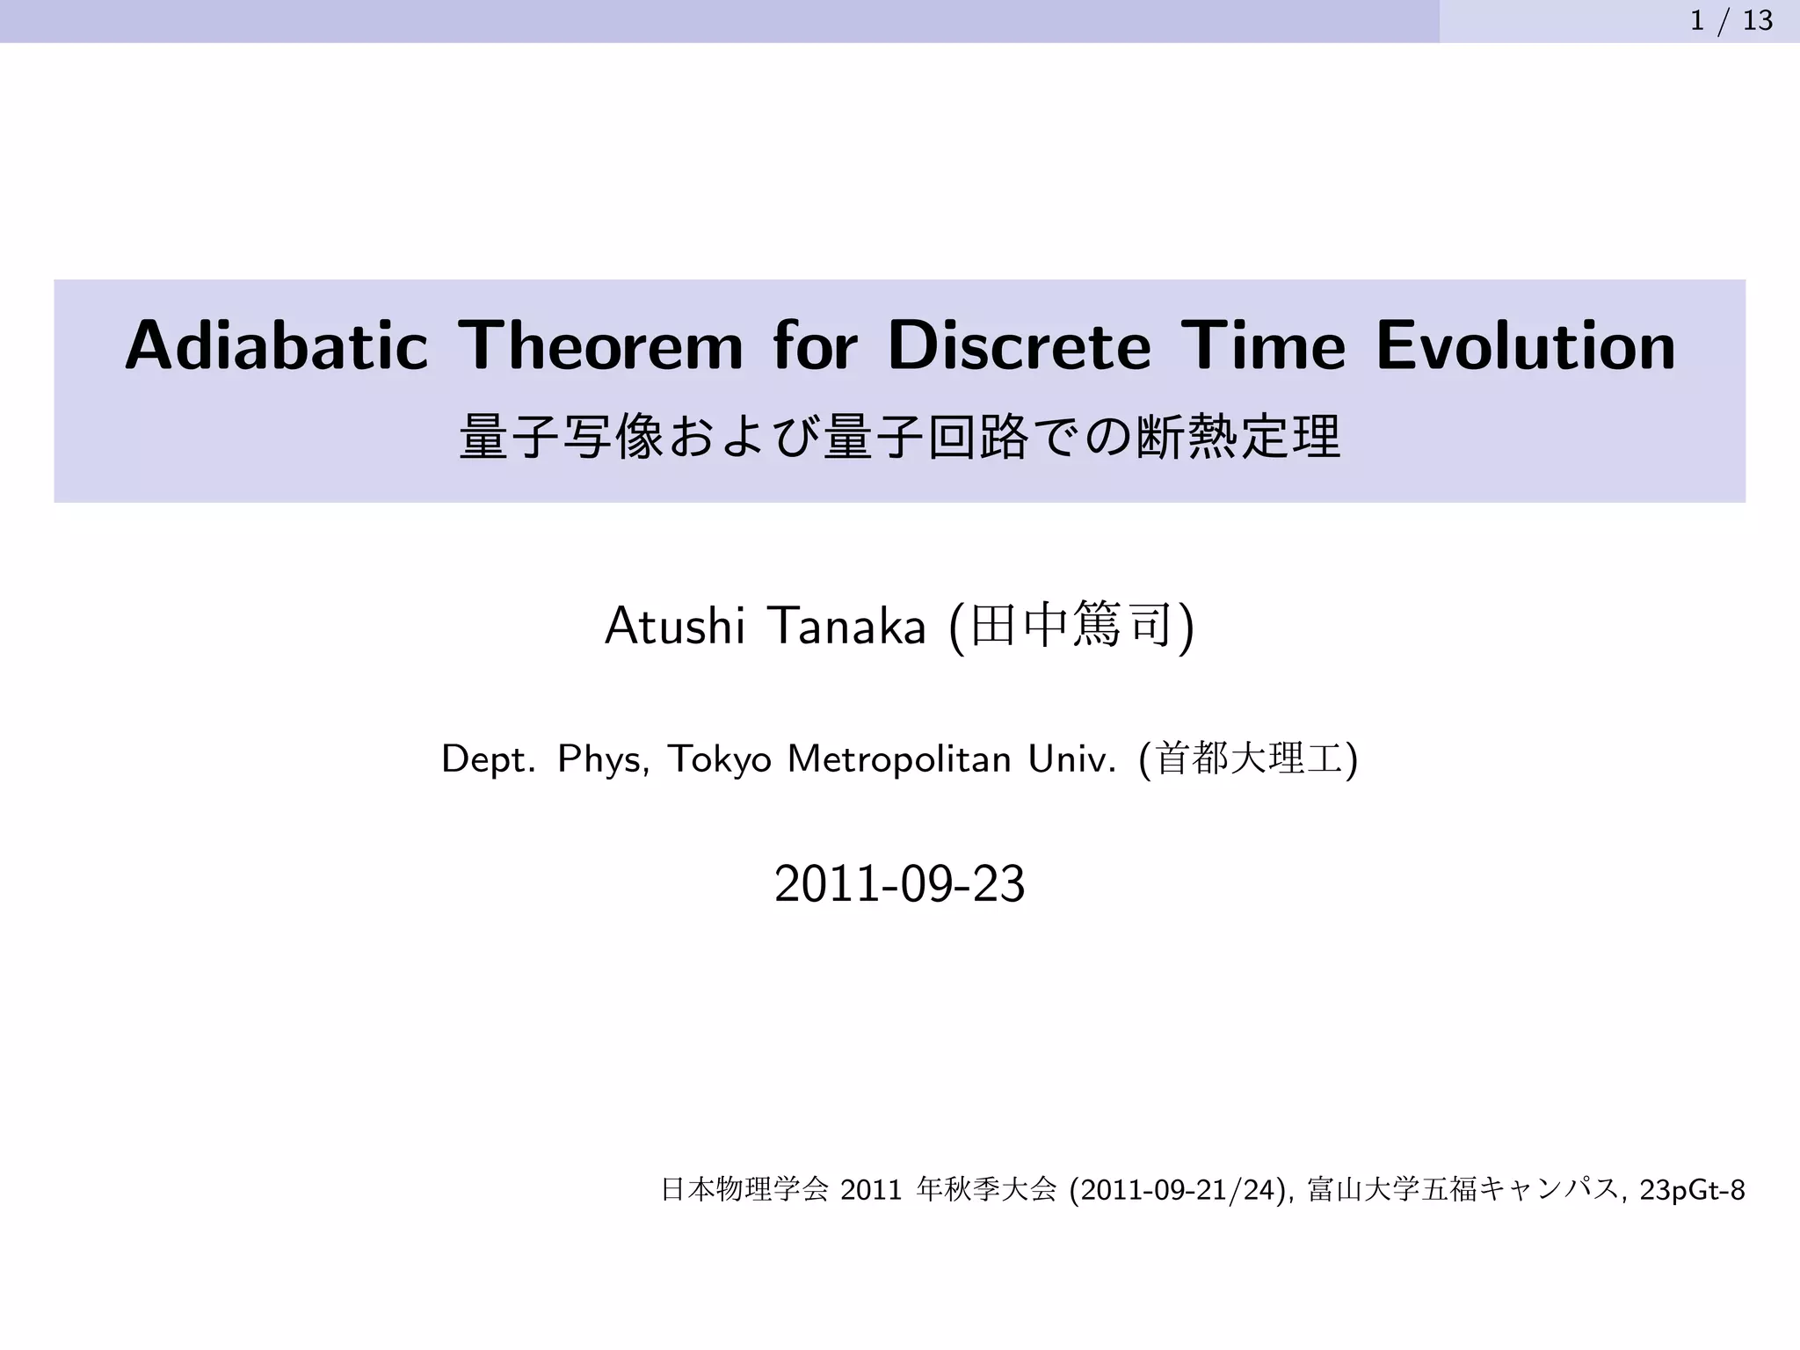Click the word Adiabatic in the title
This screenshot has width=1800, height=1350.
point(276,345)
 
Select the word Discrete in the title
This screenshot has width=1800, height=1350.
point(1019,345)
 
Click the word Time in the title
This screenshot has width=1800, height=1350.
point(1263,345)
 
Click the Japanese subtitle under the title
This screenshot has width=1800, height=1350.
point(900,437)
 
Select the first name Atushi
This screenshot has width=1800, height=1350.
point(675,627)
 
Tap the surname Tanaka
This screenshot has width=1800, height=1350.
point(846,627)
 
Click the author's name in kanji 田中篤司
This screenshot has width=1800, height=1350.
point(1071,627)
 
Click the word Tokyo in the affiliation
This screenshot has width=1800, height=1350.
point(720,758)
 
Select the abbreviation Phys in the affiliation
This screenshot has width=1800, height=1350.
point(603,758)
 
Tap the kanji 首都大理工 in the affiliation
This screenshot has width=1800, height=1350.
point(1249,758)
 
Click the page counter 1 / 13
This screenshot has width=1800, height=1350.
point(1731,20)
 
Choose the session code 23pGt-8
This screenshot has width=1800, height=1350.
point(1692,1190)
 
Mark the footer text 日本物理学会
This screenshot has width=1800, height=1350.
point(744,1190)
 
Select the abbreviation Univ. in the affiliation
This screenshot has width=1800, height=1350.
point(1072,758)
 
